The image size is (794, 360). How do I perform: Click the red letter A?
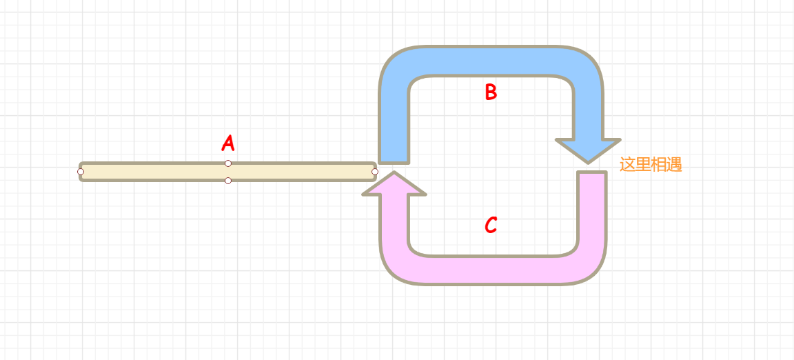(x=228, y=143)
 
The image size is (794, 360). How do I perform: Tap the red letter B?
(x=490, y=92)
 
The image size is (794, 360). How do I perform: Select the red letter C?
(x=490, y=225)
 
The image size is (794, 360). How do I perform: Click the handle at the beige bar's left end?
(x=81, y=171)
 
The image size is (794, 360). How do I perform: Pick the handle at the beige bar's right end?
(x=375, y=171)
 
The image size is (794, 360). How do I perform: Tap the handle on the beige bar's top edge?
(x=228, y=163)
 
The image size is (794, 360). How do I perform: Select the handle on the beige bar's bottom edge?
(x=228, y=181)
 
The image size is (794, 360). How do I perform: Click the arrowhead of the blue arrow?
(x=588, y=150)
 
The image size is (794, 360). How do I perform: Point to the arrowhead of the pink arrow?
(x=394, y=184)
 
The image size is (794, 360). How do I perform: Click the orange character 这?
(x=627, y=165)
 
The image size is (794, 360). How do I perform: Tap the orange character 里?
(x=643, y=165)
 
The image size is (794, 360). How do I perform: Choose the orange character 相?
(x=659, y=165)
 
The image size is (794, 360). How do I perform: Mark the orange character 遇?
(x=675, y=165)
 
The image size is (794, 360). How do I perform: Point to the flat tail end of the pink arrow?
(x=592, y=175)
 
